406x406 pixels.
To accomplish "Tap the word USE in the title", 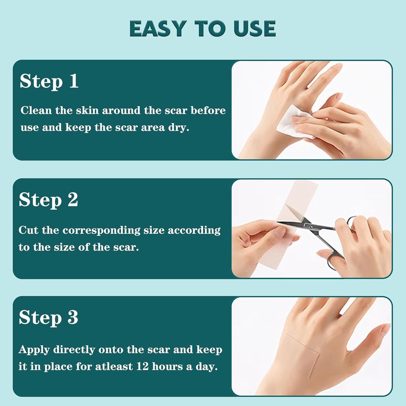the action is [x=255, y=28].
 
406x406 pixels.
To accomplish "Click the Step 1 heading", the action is [x=49, y=81].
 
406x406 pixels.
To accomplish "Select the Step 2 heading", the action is [x=48, y=200].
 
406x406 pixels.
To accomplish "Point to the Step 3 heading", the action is [x=48, y=318].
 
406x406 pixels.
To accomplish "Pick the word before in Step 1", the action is [x=208, y=110].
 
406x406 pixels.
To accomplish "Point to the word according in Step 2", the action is [x=194, y=231].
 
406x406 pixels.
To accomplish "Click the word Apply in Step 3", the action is [x=34, y=350].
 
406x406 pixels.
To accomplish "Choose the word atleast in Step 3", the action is [x=114, y=366].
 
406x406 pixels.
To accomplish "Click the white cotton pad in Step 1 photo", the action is [x=294, y=123].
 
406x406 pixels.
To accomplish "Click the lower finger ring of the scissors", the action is [x=334, y=261].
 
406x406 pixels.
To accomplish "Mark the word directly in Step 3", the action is [x=74, y=350].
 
